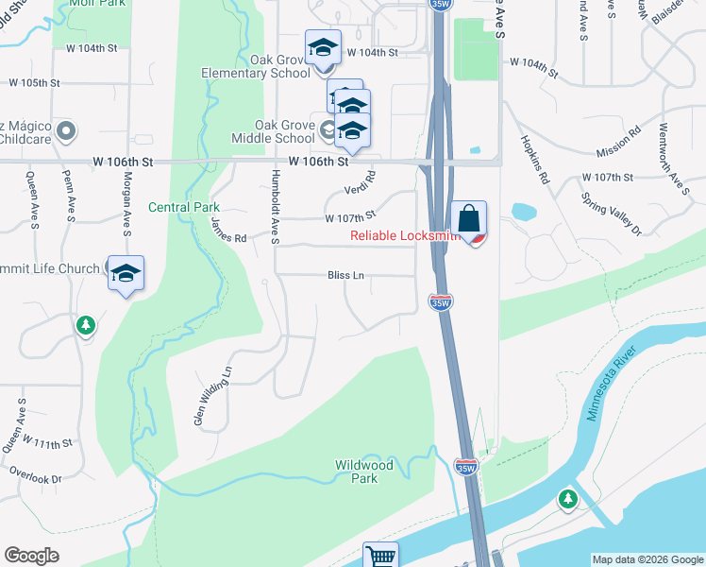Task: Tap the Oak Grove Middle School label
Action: coord(271,131)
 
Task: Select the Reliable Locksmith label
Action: coord(404,235)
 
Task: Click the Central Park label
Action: coord(184,207)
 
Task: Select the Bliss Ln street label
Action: coord(345,276)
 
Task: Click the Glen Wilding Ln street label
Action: coord(213,396)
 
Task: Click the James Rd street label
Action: coord(228,231)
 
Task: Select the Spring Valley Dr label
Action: coord(612,216)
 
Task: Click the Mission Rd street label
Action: coord(619,145)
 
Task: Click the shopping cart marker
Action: coord(380,556)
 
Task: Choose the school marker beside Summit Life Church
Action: coord(126,274)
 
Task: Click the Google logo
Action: coord(31,556)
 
